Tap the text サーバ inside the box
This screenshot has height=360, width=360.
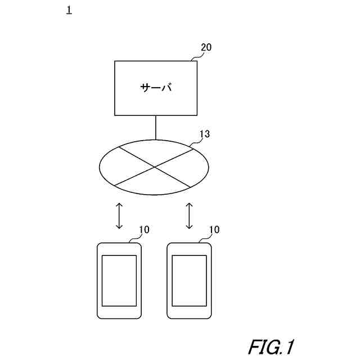coord(156,88)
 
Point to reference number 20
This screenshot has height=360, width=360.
coord(206,47)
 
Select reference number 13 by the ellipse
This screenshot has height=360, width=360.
coord(205,134)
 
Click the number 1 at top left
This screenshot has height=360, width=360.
coord(69,11)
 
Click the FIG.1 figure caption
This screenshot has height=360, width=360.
coord(271,346)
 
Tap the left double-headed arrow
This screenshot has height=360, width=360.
coord(119,216)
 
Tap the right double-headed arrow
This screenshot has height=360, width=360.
coord(189,216)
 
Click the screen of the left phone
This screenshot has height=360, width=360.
coord(119,280)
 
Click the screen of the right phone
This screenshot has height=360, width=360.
coord(189,280)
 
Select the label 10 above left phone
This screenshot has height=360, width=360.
coord(145,229)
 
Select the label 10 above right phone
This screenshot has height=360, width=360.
coord(214,229)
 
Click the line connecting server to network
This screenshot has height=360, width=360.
coord(155,128)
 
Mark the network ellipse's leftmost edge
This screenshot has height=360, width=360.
coord(100,167)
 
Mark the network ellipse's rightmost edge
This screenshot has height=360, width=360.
coord(209,167)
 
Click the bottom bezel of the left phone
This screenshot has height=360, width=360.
coord(119,313)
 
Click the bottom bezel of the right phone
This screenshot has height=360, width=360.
coord(189,313)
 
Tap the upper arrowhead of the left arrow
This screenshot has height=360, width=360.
coord(119,206)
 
